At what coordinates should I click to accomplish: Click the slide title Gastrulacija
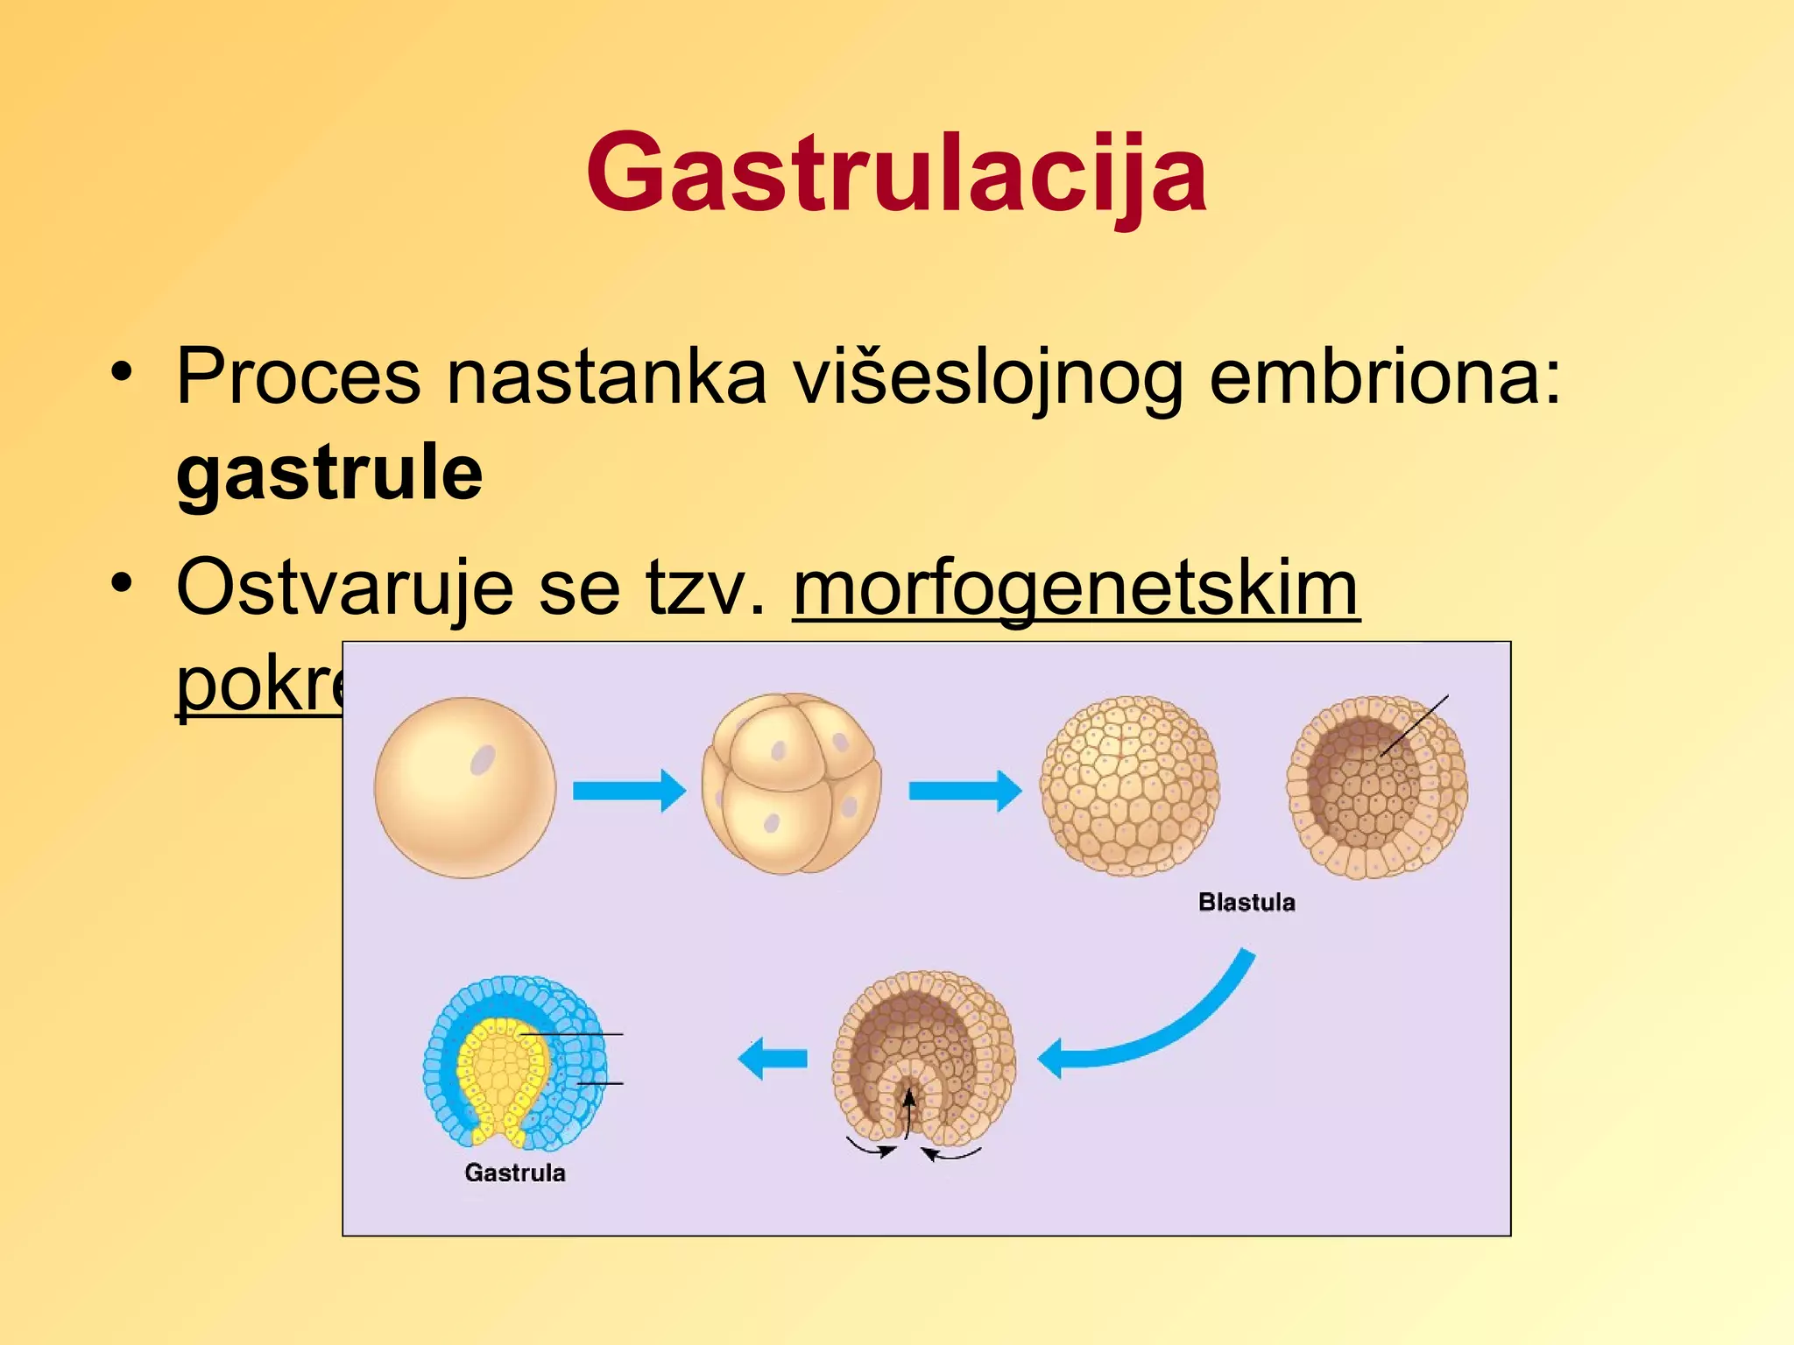click(896, 172)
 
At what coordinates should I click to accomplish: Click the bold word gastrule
click(329, 474)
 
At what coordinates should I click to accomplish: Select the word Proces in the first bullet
click(299, 377)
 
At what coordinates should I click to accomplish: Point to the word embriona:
click(1385, 377)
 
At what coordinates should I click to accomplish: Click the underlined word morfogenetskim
click(1076, 588)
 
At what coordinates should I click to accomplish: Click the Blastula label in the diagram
click(1246, 902)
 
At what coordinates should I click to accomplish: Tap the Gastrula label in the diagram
click(514, 1172)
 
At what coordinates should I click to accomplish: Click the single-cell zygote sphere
click(464, 788)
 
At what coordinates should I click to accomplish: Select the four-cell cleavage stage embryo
click(791, 784)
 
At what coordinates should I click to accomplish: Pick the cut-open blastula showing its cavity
click(1376, 788)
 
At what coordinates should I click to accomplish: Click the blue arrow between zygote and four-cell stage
click(628, 791)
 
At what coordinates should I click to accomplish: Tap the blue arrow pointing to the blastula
click(964, 791)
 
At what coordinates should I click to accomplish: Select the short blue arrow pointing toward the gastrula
click(773, 1059)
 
